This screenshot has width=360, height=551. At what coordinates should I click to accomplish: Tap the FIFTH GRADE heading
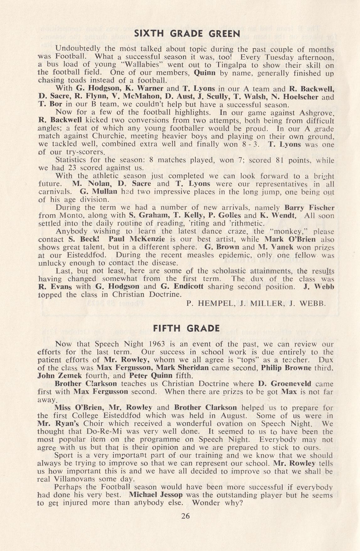(x=186, y=328)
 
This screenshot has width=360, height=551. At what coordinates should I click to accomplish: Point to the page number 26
(x=185, y=516)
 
